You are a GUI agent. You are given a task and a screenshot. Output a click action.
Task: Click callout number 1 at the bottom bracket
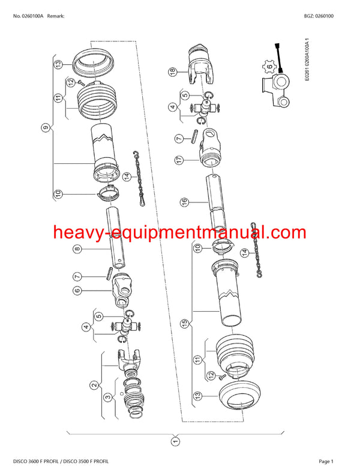point(176,443)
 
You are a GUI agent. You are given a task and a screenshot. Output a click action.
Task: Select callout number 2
point(94,385)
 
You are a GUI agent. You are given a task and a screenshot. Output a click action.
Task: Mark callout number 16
point(185,202)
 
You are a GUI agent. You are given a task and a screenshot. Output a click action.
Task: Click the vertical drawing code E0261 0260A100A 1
point(307,60)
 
